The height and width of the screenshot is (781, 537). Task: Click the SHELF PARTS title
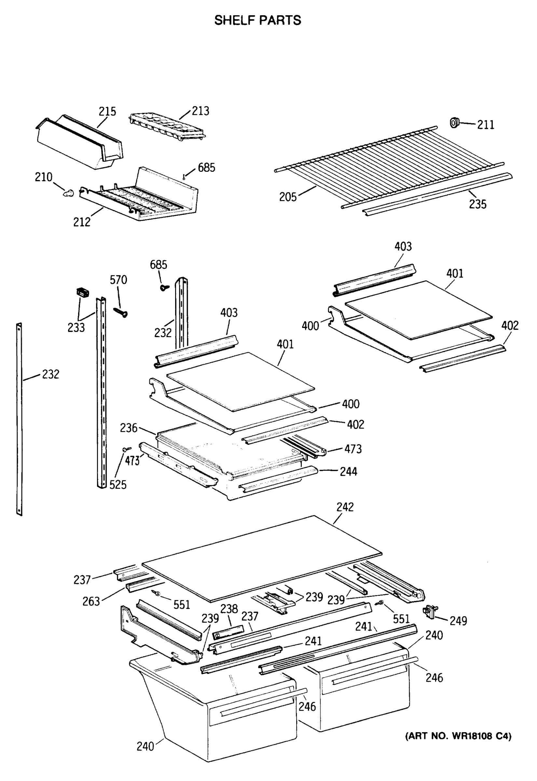[258, 21]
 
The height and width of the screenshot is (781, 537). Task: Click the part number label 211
[486, 125]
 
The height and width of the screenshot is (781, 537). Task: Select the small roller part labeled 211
[455, 123]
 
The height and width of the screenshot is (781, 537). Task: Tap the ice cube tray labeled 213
[167, 126]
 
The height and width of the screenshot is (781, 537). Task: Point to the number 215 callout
[107, 111]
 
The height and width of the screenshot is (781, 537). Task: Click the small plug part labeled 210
[69, 193]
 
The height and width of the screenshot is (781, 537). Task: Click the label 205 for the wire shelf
[288, 197]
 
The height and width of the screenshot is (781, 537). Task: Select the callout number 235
[477, 204]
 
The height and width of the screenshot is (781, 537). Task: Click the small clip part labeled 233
[82, 292]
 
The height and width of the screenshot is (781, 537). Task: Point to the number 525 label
[118, 485]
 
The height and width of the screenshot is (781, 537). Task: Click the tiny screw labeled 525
[127, 449]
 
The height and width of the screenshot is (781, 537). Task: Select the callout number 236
[129, 428]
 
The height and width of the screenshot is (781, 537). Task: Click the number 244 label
[348, 472]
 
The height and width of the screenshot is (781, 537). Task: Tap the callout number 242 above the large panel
[345, 507]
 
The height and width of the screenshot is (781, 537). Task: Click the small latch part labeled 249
[429, 610]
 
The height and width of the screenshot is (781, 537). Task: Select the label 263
[91, 601]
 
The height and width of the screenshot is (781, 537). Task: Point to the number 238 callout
[229, 609]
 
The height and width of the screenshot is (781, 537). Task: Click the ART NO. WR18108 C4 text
[458, 736]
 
